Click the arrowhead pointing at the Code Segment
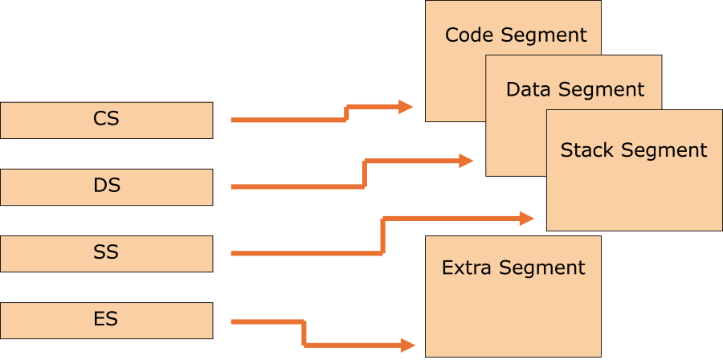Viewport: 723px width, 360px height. point(406,107)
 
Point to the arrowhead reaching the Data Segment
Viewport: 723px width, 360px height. point(466,161)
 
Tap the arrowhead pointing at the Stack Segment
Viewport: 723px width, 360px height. point(527,218)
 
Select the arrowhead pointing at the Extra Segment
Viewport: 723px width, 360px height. point(407,346)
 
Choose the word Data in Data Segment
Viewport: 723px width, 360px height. point(528,89)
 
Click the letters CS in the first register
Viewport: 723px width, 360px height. point(106,119)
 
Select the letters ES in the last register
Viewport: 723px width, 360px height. point(106,319)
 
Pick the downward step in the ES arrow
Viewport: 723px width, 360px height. point(304,333)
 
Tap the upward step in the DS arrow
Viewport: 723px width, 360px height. point(364,174)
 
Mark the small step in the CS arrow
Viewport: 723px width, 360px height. point(346,113)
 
